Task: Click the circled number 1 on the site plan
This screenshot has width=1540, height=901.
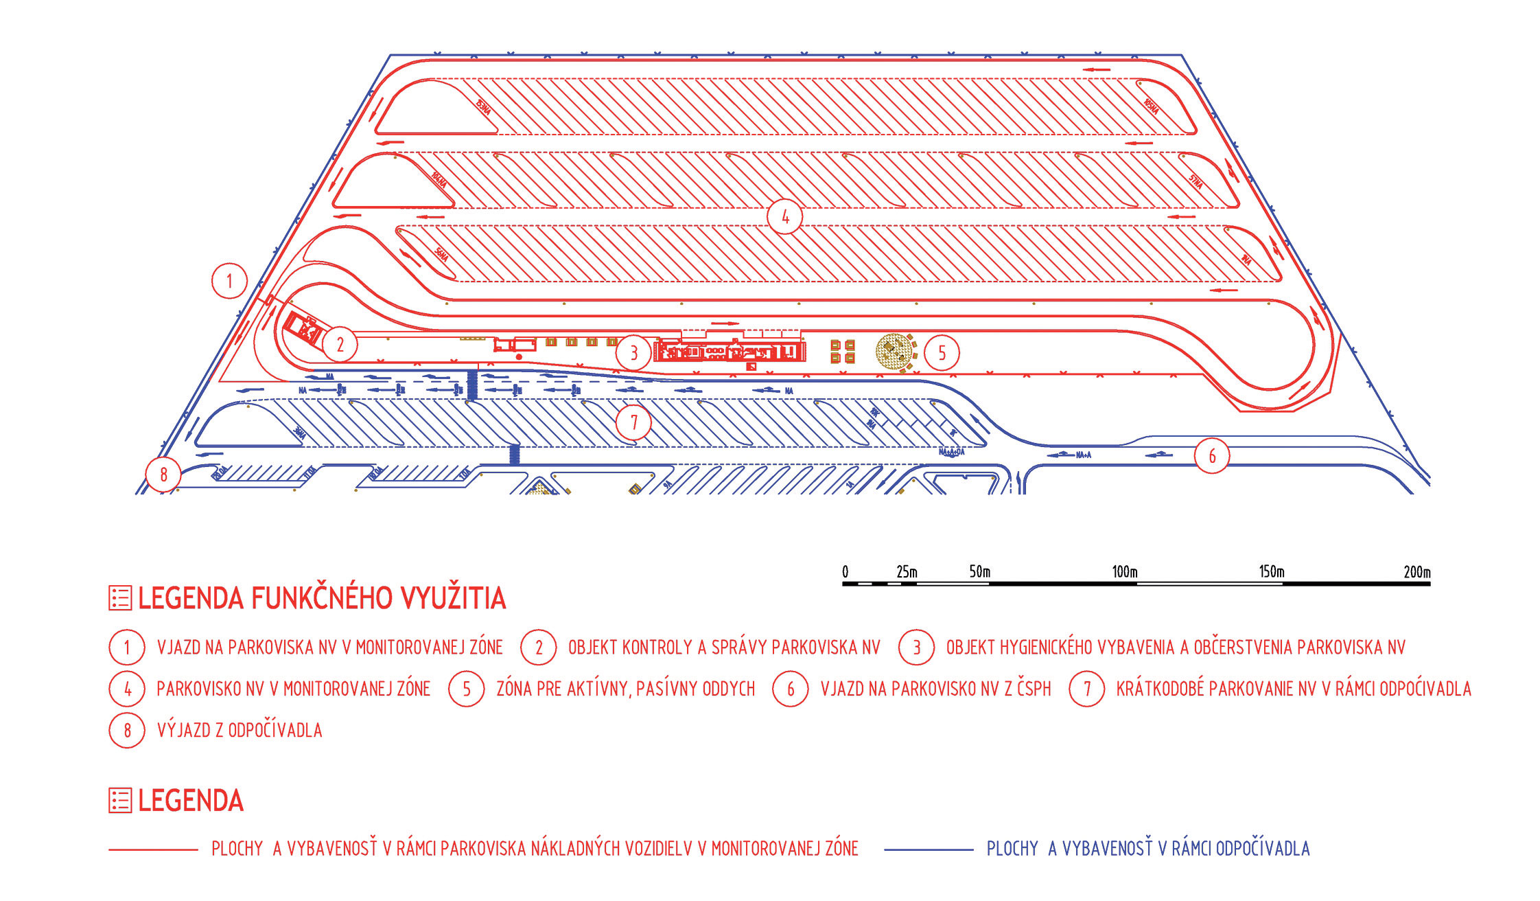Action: pos(229,281)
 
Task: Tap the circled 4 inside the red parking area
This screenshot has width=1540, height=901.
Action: pos(785,217)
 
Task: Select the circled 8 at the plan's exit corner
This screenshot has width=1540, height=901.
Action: pos(163,474)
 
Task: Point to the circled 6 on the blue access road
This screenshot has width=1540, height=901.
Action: pos(1212,456)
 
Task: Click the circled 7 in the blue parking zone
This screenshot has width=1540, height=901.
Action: pos(633,422)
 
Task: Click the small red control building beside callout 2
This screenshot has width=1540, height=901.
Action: pos(303,330)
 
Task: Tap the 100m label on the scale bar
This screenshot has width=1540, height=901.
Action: pos(1124,571)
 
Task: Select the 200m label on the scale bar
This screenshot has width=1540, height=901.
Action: pos(1416,571)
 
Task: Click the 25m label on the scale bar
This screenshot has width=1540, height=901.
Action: pos(906,571)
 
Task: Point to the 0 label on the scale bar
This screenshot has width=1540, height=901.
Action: pos(845,571)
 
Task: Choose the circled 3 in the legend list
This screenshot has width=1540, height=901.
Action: pos(916,648)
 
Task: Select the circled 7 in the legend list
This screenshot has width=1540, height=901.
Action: pos(1086,689)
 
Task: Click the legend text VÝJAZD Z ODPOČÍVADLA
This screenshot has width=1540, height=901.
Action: pos(240,730)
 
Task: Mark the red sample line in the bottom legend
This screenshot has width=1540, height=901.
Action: pos(153,849)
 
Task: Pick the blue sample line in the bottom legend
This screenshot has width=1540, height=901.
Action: pos(929,849)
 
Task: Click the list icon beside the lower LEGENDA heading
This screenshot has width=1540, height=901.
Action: pos(120,801)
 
